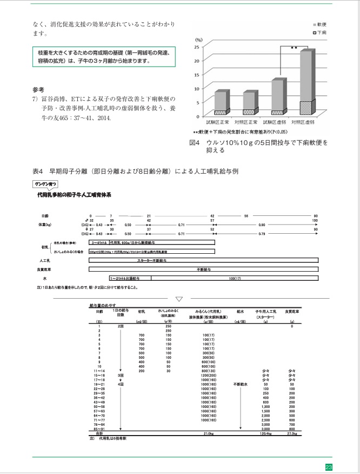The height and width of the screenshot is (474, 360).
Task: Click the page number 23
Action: [x=328, y=467]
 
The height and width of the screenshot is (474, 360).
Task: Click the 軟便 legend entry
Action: [x=319, y=25]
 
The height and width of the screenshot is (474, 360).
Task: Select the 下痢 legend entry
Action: [x=319, y=33]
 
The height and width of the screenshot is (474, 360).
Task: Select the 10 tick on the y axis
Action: [x=197, y=88]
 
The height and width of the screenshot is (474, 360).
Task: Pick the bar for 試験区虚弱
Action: [x=278, y=96]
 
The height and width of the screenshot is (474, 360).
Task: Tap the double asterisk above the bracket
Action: [x=294, y=48]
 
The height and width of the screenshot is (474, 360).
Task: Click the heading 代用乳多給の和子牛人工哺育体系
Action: [x=70, y=194]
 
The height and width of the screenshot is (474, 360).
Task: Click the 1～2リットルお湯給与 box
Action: [x=120, y=278]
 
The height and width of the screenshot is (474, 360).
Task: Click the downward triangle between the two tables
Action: [x=180, y=298]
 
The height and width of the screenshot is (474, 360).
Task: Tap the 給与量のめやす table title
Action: [x=102, y=306]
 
